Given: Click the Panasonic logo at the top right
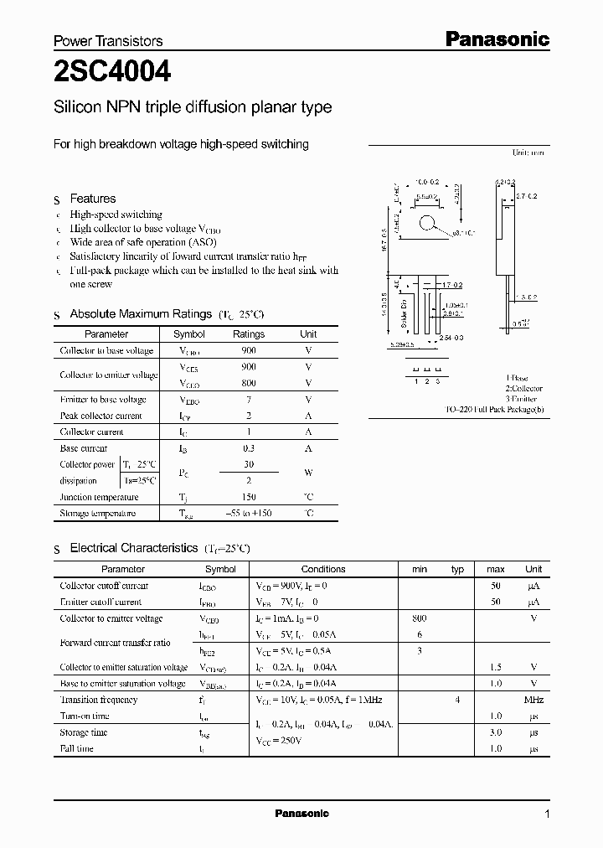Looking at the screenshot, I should pos(496,39).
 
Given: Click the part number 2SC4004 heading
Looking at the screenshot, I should pos(111,73).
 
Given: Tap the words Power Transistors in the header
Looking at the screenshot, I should pos(108,41).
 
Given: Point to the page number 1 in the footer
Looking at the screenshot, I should pos(547,814).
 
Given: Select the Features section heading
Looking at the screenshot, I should pos(92,199).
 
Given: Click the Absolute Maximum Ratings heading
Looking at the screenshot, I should pos(140,314).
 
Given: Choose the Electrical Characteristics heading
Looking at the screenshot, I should pos(133,548).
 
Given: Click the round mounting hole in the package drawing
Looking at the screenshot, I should pos(428,223).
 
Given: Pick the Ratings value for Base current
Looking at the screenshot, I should pos(248,448).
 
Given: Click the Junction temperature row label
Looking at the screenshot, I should pos(99,497).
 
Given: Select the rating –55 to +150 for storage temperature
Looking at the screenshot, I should pos(248,513).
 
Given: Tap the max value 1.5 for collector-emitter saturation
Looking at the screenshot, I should pos(495,667).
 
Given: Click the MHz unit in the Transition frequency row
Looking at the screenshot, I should pos(533,700).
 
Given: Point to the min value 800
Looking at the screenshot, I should pos(420,618).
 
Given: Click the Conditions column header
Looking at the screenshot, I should pos(323,569).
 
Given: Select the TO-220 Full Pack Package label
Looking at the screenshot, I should pos(494,411).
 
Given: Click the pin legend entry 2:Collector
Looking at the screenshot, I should pos(523,389).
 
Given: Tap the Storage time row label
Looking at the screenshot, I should pos(84,732).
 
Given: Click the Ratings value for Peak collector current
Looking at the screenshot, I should pos(248,416).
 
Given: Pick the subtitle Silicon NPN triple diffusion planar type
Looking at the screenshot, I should pos(193,107).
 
